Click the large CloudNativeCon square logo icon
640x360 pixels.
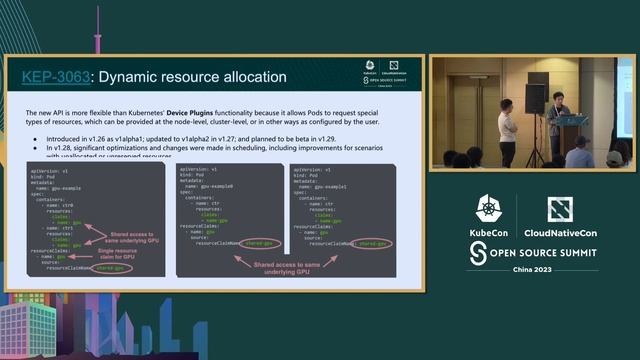[x=559, y=210]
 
